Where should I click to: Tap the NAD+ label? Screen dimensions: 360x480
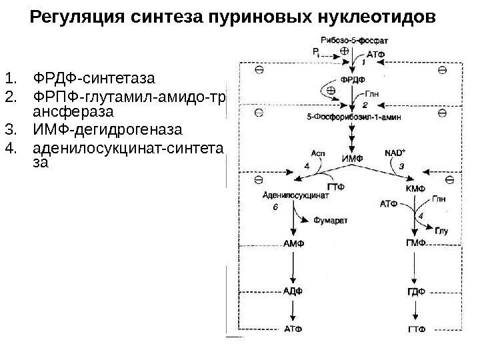coord(394,153)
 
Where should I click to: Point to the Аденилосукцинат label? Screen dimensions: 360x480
coord(293,197)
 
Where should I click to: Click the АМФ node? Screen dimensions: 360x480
coord(293,244)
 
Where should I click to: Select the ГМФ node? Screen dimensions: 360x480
coord(416,244)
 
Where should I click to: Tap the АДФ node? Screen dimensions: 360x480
coord(293,292)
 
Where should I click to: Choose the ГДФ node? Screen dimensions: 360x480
coord(416,292)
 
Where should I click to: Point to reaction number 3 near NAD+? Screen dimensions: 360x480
coord(401,165)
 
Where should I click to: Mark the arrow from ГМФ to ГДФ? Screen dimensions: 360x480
coord(416,268)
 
